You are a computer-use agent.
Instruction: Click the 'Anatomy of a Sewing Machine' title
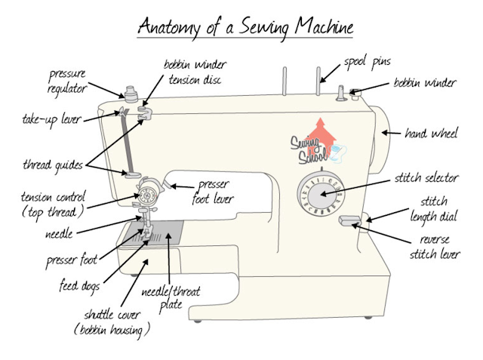[x=245, y=28]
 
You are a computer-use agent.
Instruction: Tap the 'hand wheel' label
[x=430, y=134]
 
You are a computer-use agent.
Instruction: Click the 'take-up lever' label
[x=51, y=119]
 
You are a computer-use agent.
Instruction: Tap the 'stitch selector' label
[x=426, y=179]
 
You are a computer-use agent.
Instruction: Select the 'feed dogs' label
[x=81, y=287]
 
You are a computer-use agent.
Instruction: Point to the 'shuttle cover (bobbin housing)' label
[x=112, y=322]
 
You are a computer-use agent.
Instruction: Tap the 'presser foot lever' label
[x=215, y=192]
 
